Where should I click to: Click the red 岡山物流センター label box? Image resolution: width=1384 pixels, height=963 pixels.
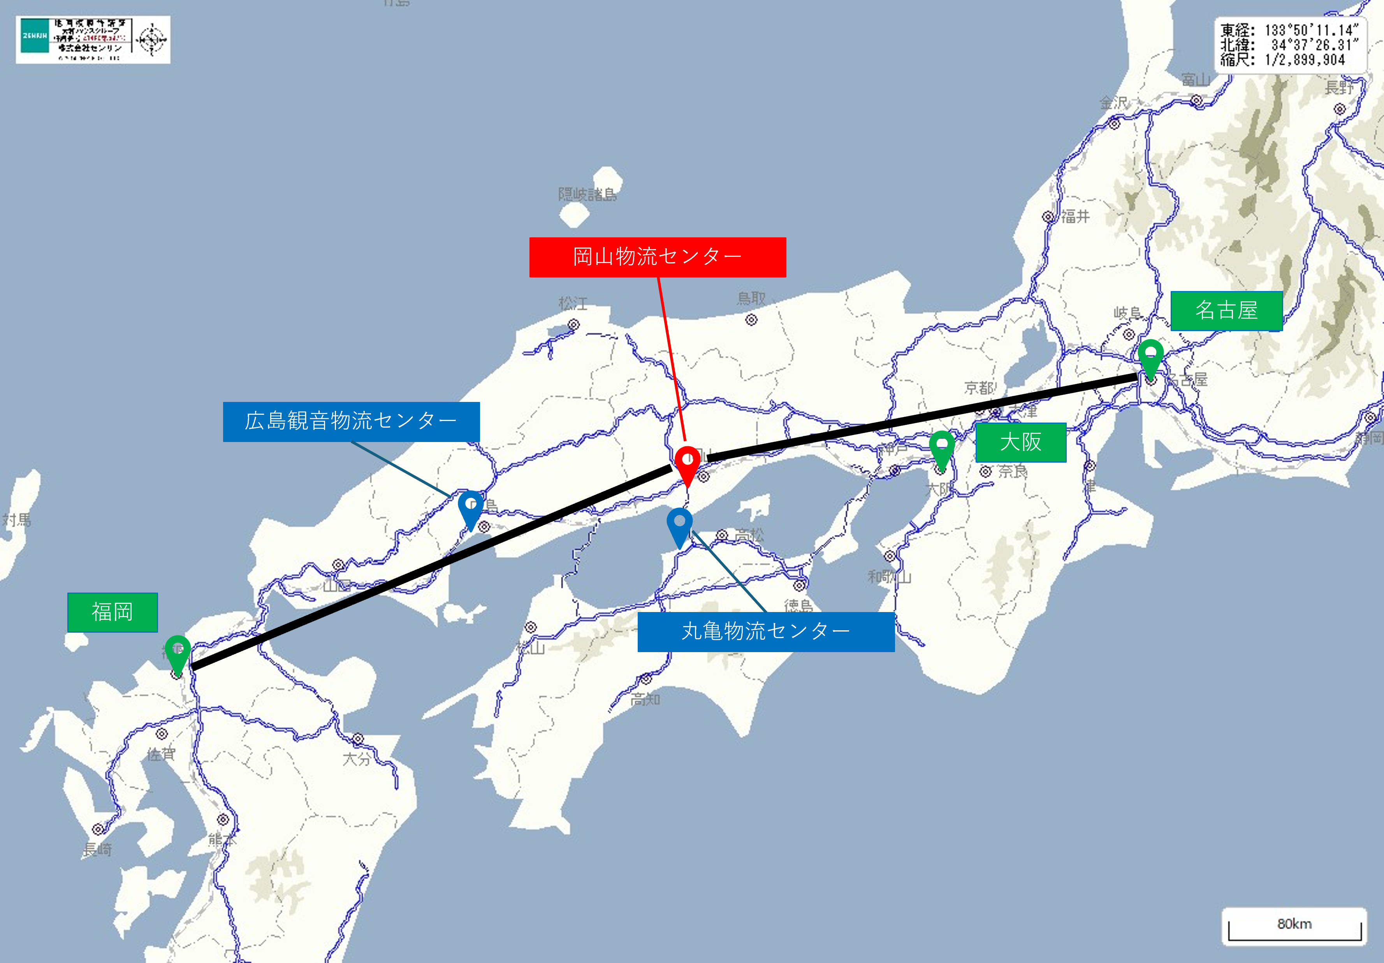(657, 257)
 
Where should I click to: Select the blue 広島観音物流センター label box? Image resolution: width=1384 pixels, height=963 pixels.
(351, 421)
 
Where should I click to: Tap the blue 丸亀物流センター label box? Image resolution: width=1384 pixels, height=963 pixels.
(765, 631)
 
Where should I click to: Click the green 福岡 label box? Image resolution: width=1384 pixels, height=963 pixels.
(112, 612)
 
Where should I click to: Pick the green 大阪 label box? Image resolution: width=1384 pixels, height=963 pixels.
(1020, 442)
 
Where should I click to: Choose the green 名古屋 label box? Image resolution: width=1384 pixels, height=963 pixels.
(1226, 311)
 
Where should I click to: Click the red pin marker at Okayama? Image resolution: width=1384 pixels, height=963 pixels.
(687, 462)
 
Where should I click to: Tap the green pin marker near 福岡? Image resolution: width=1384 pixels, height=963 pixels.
(178, 653)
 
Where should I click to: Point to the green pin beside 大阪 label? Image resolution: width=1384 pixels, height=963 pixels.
(942, 448)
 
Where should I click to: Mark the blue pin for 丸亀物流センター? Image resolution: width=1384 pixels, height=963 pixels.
(679, 524)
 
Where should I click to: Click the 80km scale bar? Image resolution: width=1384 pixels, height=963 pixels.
(1294, 926)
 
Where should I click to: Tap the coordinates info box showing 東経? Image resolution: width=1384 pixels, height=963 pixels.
(1290, 45)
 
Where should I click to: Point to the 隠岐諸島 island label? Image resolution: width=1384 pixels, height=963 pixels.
(587, 195)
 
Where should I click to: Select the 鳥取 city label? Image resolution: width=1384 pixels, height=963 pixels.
(751, 298)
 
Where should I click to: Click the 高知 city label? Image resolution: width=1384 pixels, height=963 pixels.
(645, 700)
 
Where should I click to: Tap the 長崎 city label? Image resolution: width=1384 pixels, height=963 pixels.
(97, 850)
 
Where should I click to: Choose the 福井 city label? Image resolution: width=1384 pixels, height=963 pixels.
(1075, 216)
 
